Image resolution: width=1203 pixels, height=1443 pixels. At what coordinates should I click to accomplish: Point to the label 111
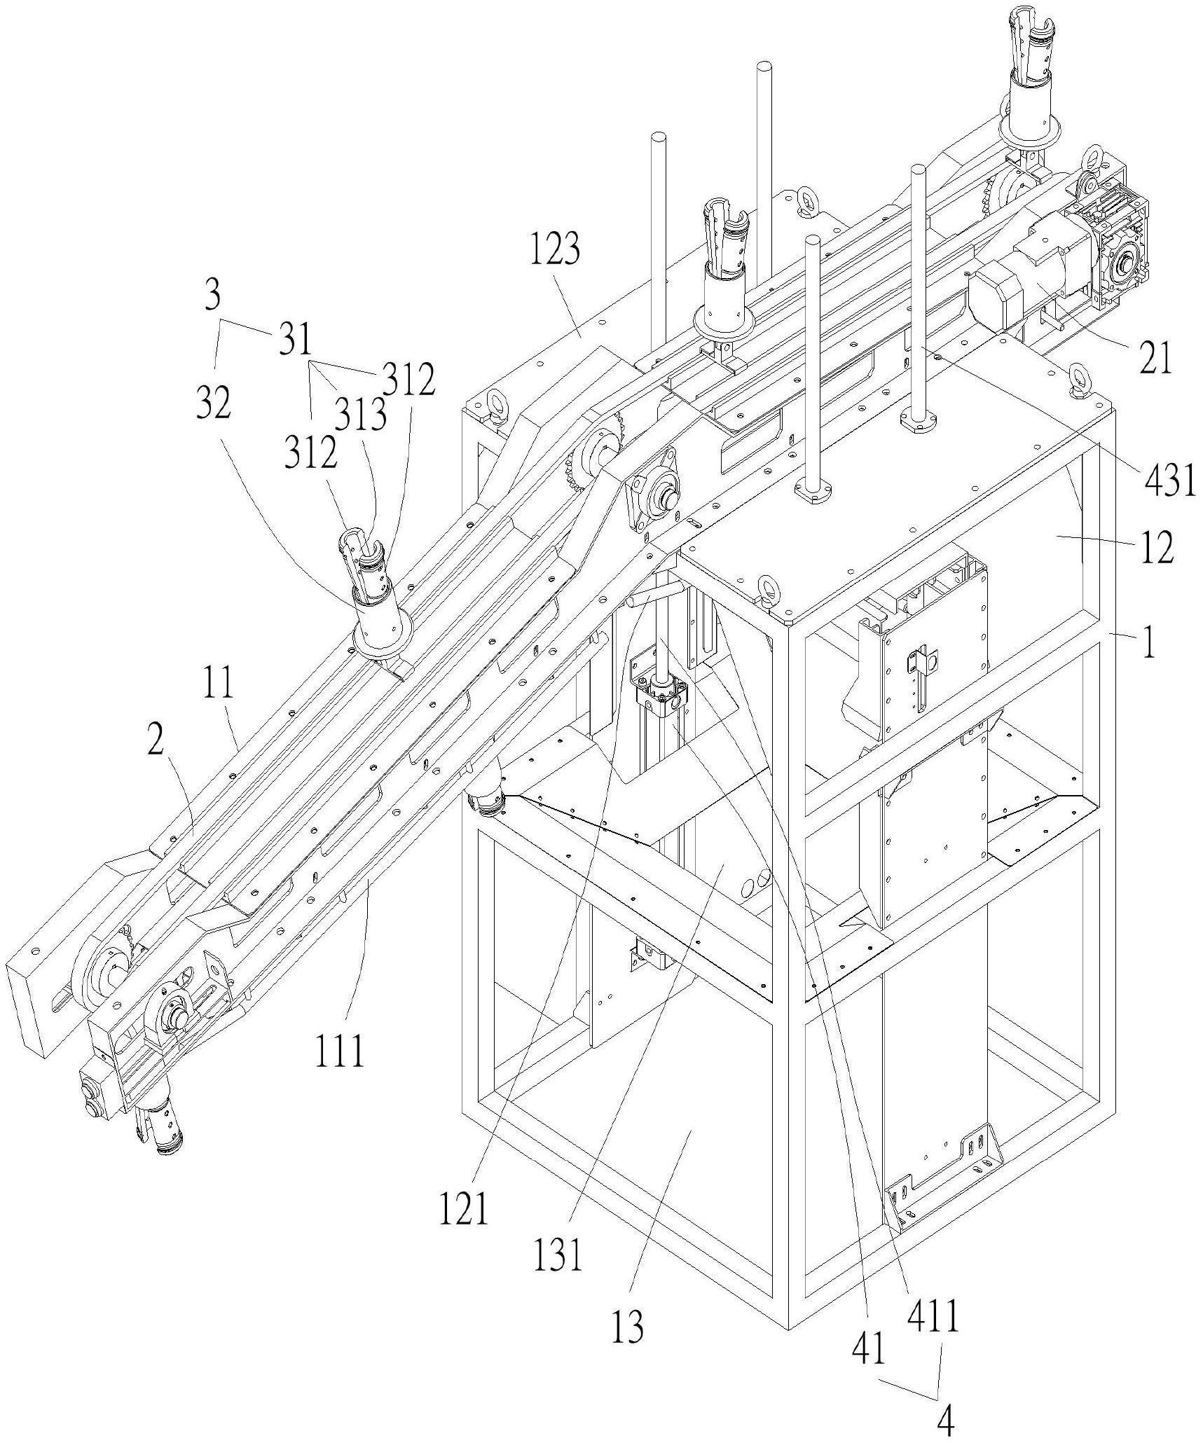click(x=340, y=1070)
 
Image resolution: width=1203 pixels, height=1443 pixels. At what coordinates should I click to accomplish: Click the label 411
click(x=933, y=1319)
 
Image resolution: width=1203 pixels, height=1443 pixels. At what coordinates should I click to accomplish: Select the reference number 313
click(x=360, y=417)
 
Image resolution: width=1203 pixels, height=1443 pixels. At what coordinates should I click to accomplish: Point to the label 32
click(x=214, y=405)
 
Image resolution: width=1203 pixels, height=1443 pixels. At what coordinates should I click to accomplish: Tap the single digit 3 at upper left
click(x=213, y=296)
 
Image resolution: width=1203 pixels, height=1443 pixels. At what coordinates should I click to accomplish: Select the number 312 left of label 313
click(x=310, y=455)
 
